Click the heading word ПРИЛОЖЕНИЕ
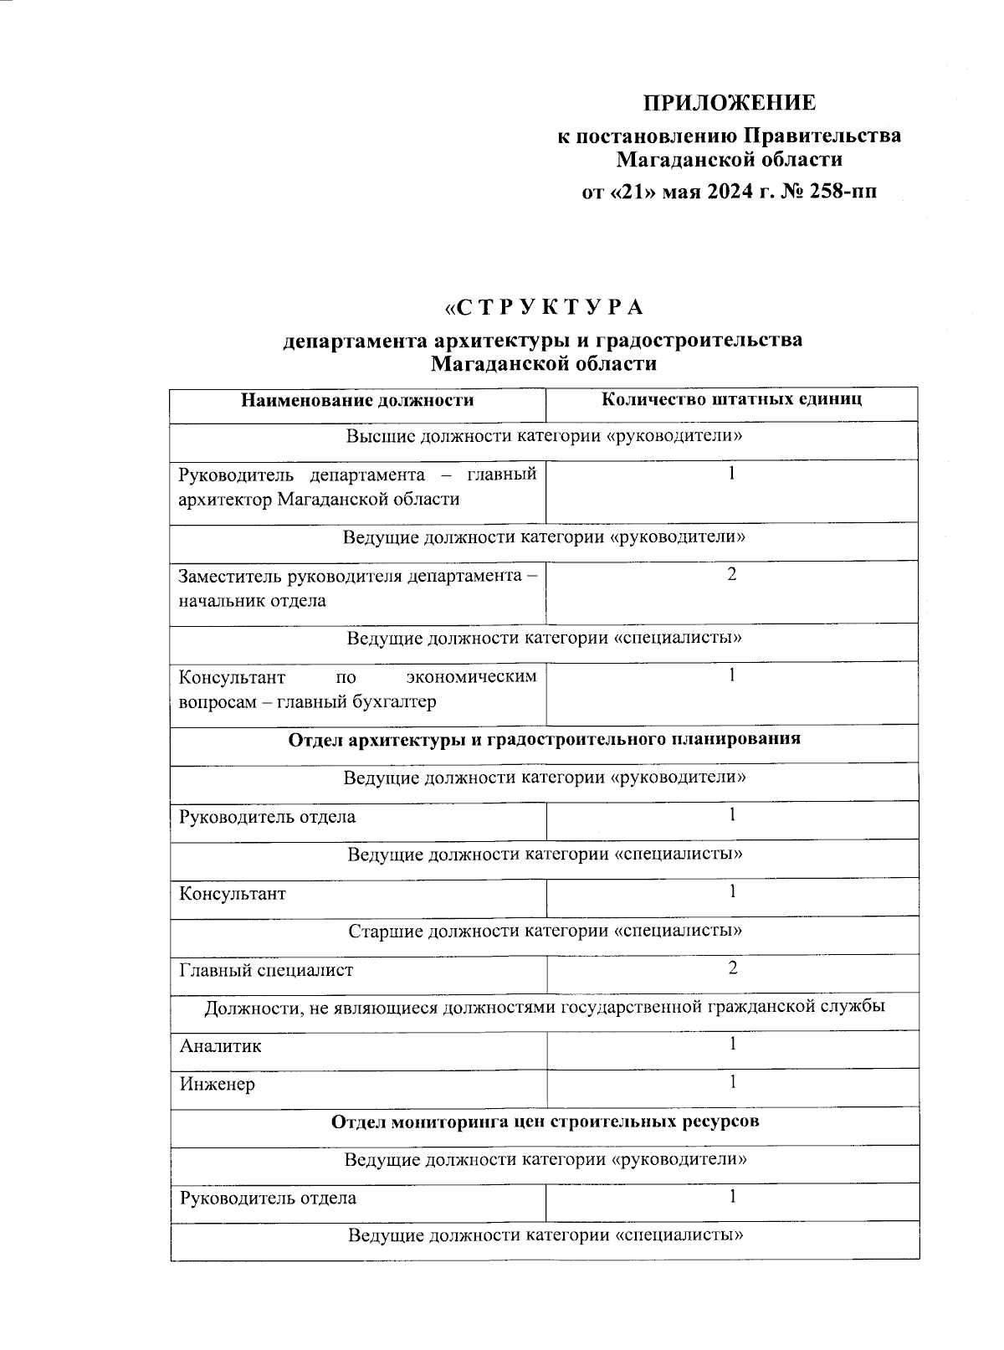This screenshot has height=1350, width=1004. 729,103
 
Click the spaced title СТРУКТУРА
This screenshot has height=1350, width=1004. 545,308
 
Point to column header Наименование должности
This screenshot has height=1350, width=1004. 357,400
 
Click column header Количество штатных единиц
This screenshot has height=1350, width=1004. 731,399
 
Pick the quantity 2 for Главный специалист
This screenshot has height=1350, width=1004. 732,968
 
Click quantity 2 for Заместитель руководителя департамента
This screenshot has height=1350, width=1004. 732,574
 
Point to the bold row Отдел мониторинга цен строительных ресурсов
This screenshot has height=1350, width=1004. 545,1122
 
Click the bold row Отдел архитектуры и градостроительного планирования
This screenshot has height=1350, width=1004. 545,739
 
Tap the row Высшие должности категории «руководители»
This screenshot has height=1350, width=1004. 545,437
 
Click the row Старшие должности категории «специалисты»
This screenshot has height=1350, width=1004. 545,931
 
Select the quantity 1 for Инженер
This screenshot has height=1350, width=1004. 732,1082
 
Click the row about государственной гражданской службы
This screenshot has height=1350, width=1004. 545,1007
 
